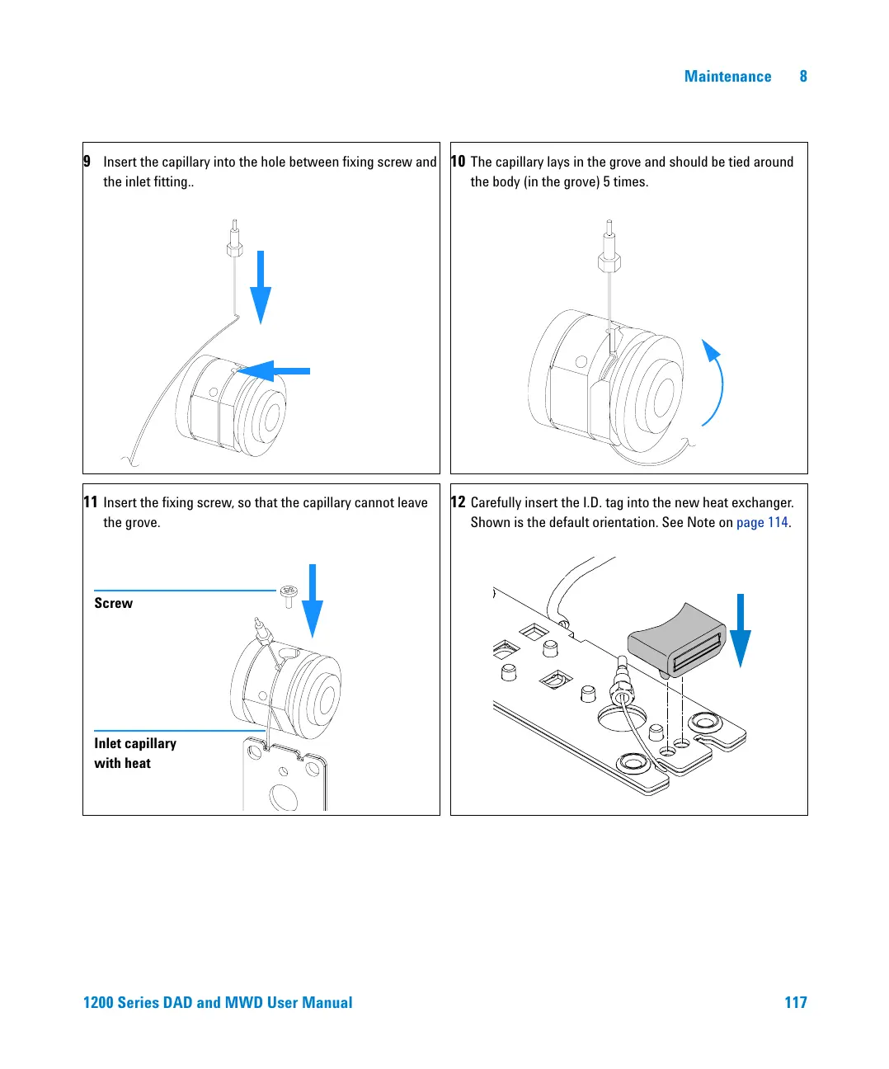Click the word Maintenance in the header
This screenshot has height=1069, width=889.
727,77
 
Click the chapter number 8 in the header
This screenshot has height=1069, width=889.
803,77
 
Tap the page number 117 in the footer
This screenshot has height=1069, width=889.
795,1002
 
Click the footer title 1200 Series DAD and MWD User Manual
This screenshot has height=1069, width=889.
218,1002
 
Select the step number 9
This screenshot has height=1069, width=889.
87,162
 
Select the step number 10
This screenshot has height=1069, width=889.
458,162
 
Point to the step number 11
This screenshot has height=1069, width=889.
90,502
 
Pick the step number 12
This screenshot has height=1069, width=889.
458,502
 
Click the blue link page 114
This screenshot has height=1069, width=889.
762,523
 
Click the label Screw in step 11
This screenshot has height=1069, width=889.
113,603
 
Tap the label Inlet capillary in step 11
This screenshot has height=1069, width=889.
135,743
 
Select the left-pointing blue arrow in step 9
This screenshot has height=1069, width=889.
275,371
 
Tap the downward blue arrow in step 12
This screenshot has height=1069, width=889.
741,630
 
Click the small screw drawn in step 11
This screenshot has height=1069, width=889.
288,595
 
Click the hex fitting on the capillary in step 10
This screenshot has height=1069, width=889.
609,262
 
